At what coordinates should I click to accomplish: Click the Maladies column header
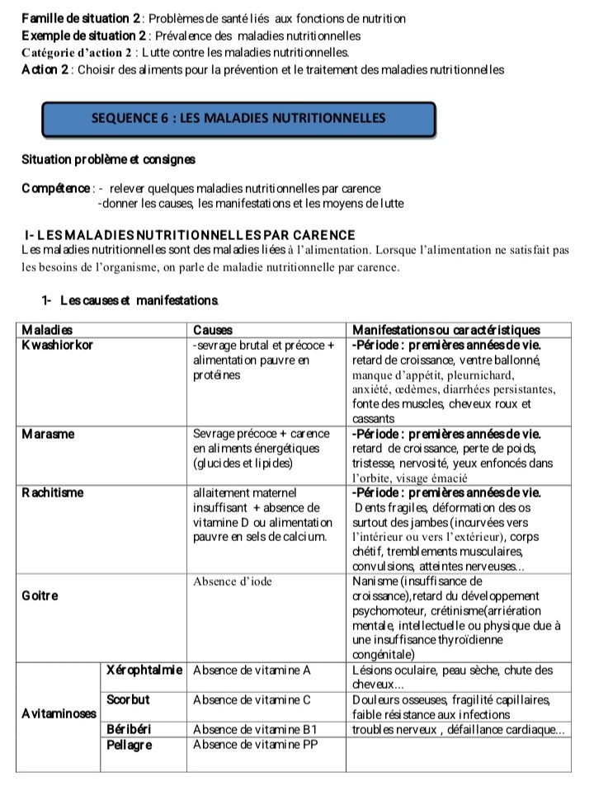[47, 331]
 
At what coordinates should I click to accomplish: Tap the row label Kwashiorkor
[58, 345]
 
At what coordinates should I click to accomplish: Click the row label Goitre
[40, 596]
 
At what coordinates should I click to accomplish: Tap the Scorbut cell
[129, 699]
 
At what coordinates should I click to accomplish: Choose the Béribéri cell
[130, 729]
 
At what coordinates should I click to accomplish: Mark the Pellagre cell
[130, 744]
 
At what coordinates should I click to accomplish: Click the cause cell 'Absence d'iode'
[233, 581]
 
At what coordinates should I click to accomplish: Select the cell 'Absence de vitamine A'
[252, 670]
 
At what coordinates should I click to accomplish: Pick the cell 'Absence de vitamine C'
[252, 699]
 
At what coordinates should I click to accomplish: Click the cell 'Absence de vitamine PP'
[255, 744]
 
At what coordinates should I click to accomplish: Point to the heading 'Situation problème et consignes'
[109, 158]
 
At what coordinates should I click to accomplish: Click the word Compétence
[57, 188]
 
